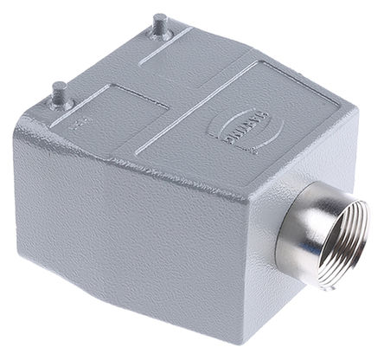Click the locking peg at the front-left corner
(60, 91)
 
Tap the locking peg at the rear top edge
(159, 24)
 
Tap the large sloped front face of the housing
(130, 225)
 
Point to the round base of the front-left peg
(59, 102)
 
